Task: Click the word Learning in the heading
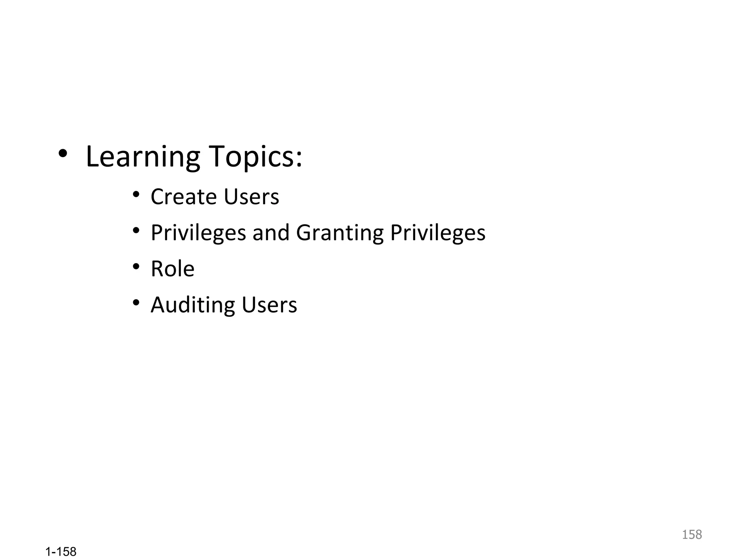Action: pyautogui.click(x=143, y=157)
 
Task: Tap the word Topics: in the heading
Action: pyautogui.click(x=255, y=157)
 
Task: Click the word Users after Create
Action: pyautogui.click(x=251, y=197)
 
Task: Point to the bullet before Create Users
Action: pyautogui.click(x=136, y=194)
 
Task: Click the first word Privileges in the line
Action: pyautogui.click(x=198, y=233)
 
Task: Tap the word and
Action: pyautogui.click(x=271, y=233)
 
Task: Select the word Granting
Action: pyautogui.click(x=340, y=233)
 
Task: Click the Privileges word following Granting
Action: pyautogui.click(x=438, y=233)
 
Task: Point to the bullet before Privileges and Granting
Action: pyautogui.click(x=136, y=230)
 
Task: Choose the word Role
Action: pyautogui.click(x=173, y=269)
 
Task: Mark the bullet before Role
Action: pyautogui.click(x=136, y=267)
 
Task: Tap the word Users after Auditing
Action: pyautogui.click(x=269, y=305)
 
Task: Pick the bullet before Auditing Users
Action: pyautogui.click(x=136, y=303)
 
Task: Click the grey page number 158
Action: pyautogui.click(x=692, y=534)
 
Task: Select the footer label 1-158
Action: pyautogui.click(x=61, y=552)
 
